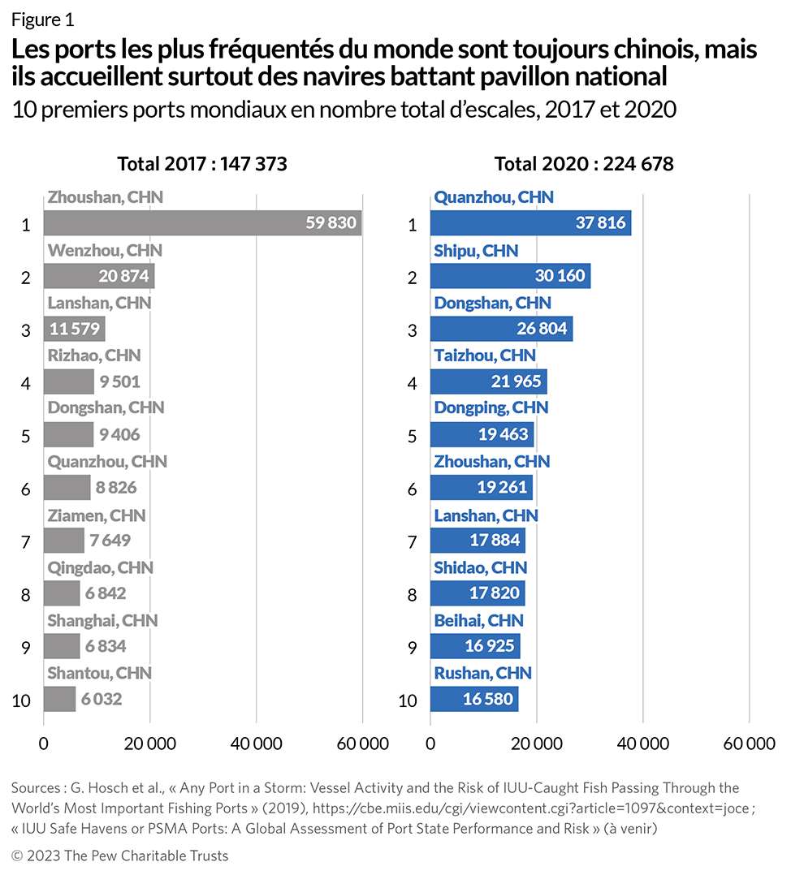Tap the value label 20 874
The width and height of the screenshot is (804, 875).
click(x=124, y=276)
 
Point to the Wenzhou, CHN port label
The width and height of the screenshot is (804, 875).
click(x=105, y=250)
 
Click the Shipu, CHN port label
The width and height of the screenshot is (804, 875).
click(x=476, y=250)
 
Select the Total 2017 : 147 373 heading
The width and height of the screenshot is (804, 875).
click(x=202, y=163)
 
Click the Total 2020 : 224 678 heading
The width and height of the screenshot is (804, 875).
click(x=584, y=163)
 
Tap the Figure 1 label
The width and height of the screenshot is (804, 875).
click(x=42, y=19)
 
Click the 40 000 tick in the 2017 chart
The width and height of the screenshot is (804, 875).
click(x=256, y=744)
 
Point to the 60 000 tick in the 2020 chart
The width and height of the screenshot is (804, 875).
click(x=748, y=744)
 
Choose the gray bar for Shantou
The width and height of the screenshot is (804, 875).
click(x=59, y=699)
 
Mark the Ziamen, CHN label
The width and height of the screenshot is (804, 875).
click(x=95, y=515)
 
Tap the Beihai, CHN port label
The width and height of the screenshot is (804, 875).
click(x=478, y=620)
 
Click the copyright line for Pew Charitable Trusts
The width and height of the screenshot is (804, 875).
click(x=120, y=856)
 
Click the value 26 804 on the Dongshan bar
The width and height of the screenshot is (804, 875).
click(x=542, y=329)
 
